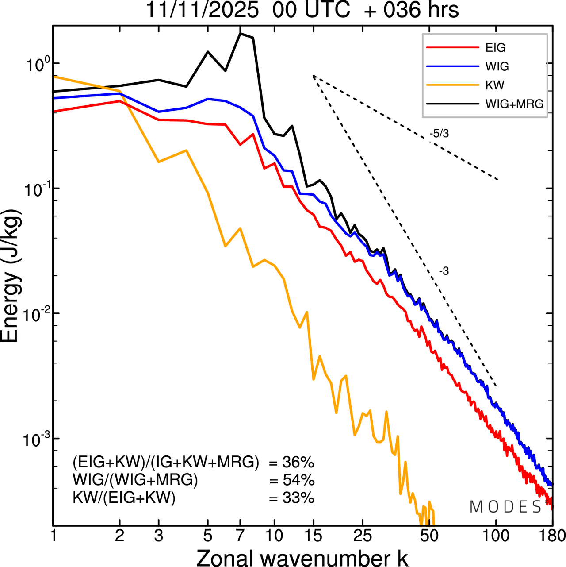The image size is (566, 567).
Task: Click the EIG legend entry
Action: click(x=495, y=48)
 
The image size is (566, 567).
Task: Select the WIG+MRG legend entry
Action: click(x=514, y=104)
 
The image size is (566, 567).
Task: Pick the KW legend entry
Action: click(x=494, y=85)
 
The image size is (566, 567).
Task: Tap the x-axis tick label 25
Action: click(x=363, y=536)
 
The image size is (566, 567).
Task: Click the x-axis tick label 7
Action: click(x=240, y=536)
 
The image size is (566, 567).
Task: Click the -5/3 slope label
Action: click(x=439, y=134)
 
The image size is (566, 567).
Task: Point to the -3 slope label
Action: click(x=444, y=271)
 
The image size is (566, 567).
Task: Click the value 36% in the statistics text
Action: click(x=298, y=463)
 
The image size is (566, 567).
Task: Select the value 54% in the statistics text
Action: click(x=298, y=480)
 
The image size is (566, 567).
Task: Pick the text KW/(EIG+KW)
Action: click(x=124, y=498)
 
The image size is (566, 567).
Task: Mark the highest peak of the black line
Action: click(x=240, y=33)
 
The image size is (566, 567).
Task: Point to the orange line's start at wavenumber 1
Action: click(x=54, y=77)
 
